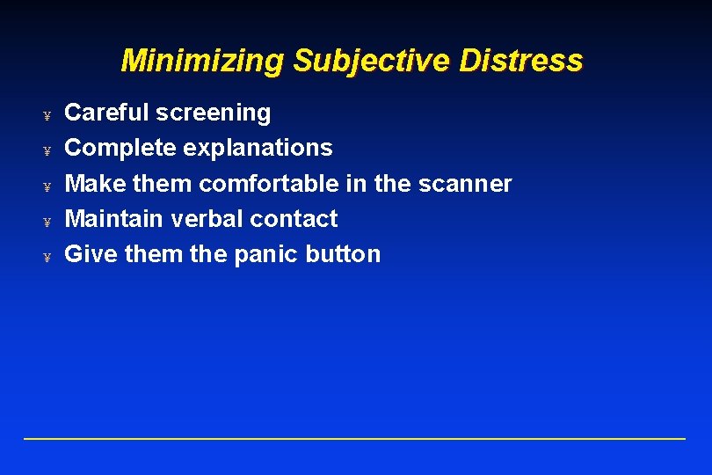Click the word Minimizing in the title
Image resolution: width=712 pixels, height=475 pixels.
coord(202,61)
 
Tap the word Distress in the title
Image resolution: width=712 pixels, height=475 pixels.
coord(520,61)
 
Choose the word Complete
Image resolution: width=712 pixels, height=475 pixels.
coord(121,148)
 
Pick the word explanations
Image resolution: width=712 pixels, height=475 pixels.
coord(258,148)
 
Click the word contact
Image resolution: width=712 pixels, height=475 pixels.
coord(294,218)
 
